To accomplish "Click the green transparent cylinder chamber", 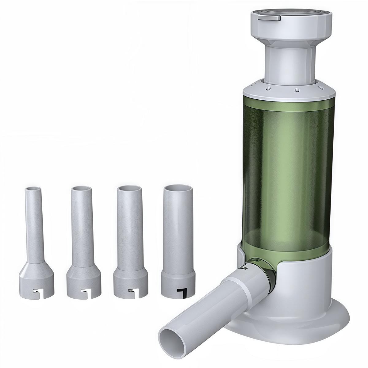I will [288, 169].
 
